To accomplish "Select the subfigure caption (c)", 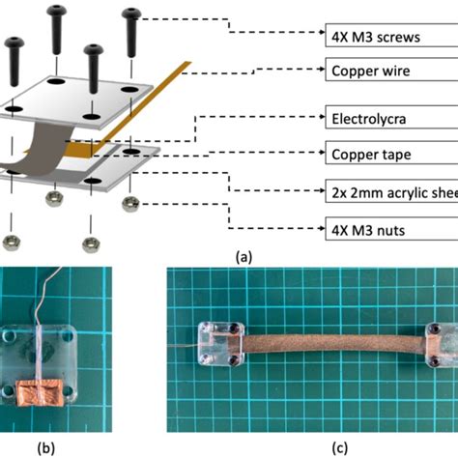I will (x=308, y=447).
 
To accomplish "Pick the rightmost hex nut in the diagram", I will (x=129, y=204).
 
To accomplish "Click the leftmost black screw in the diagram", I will (x=16, y=58).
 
